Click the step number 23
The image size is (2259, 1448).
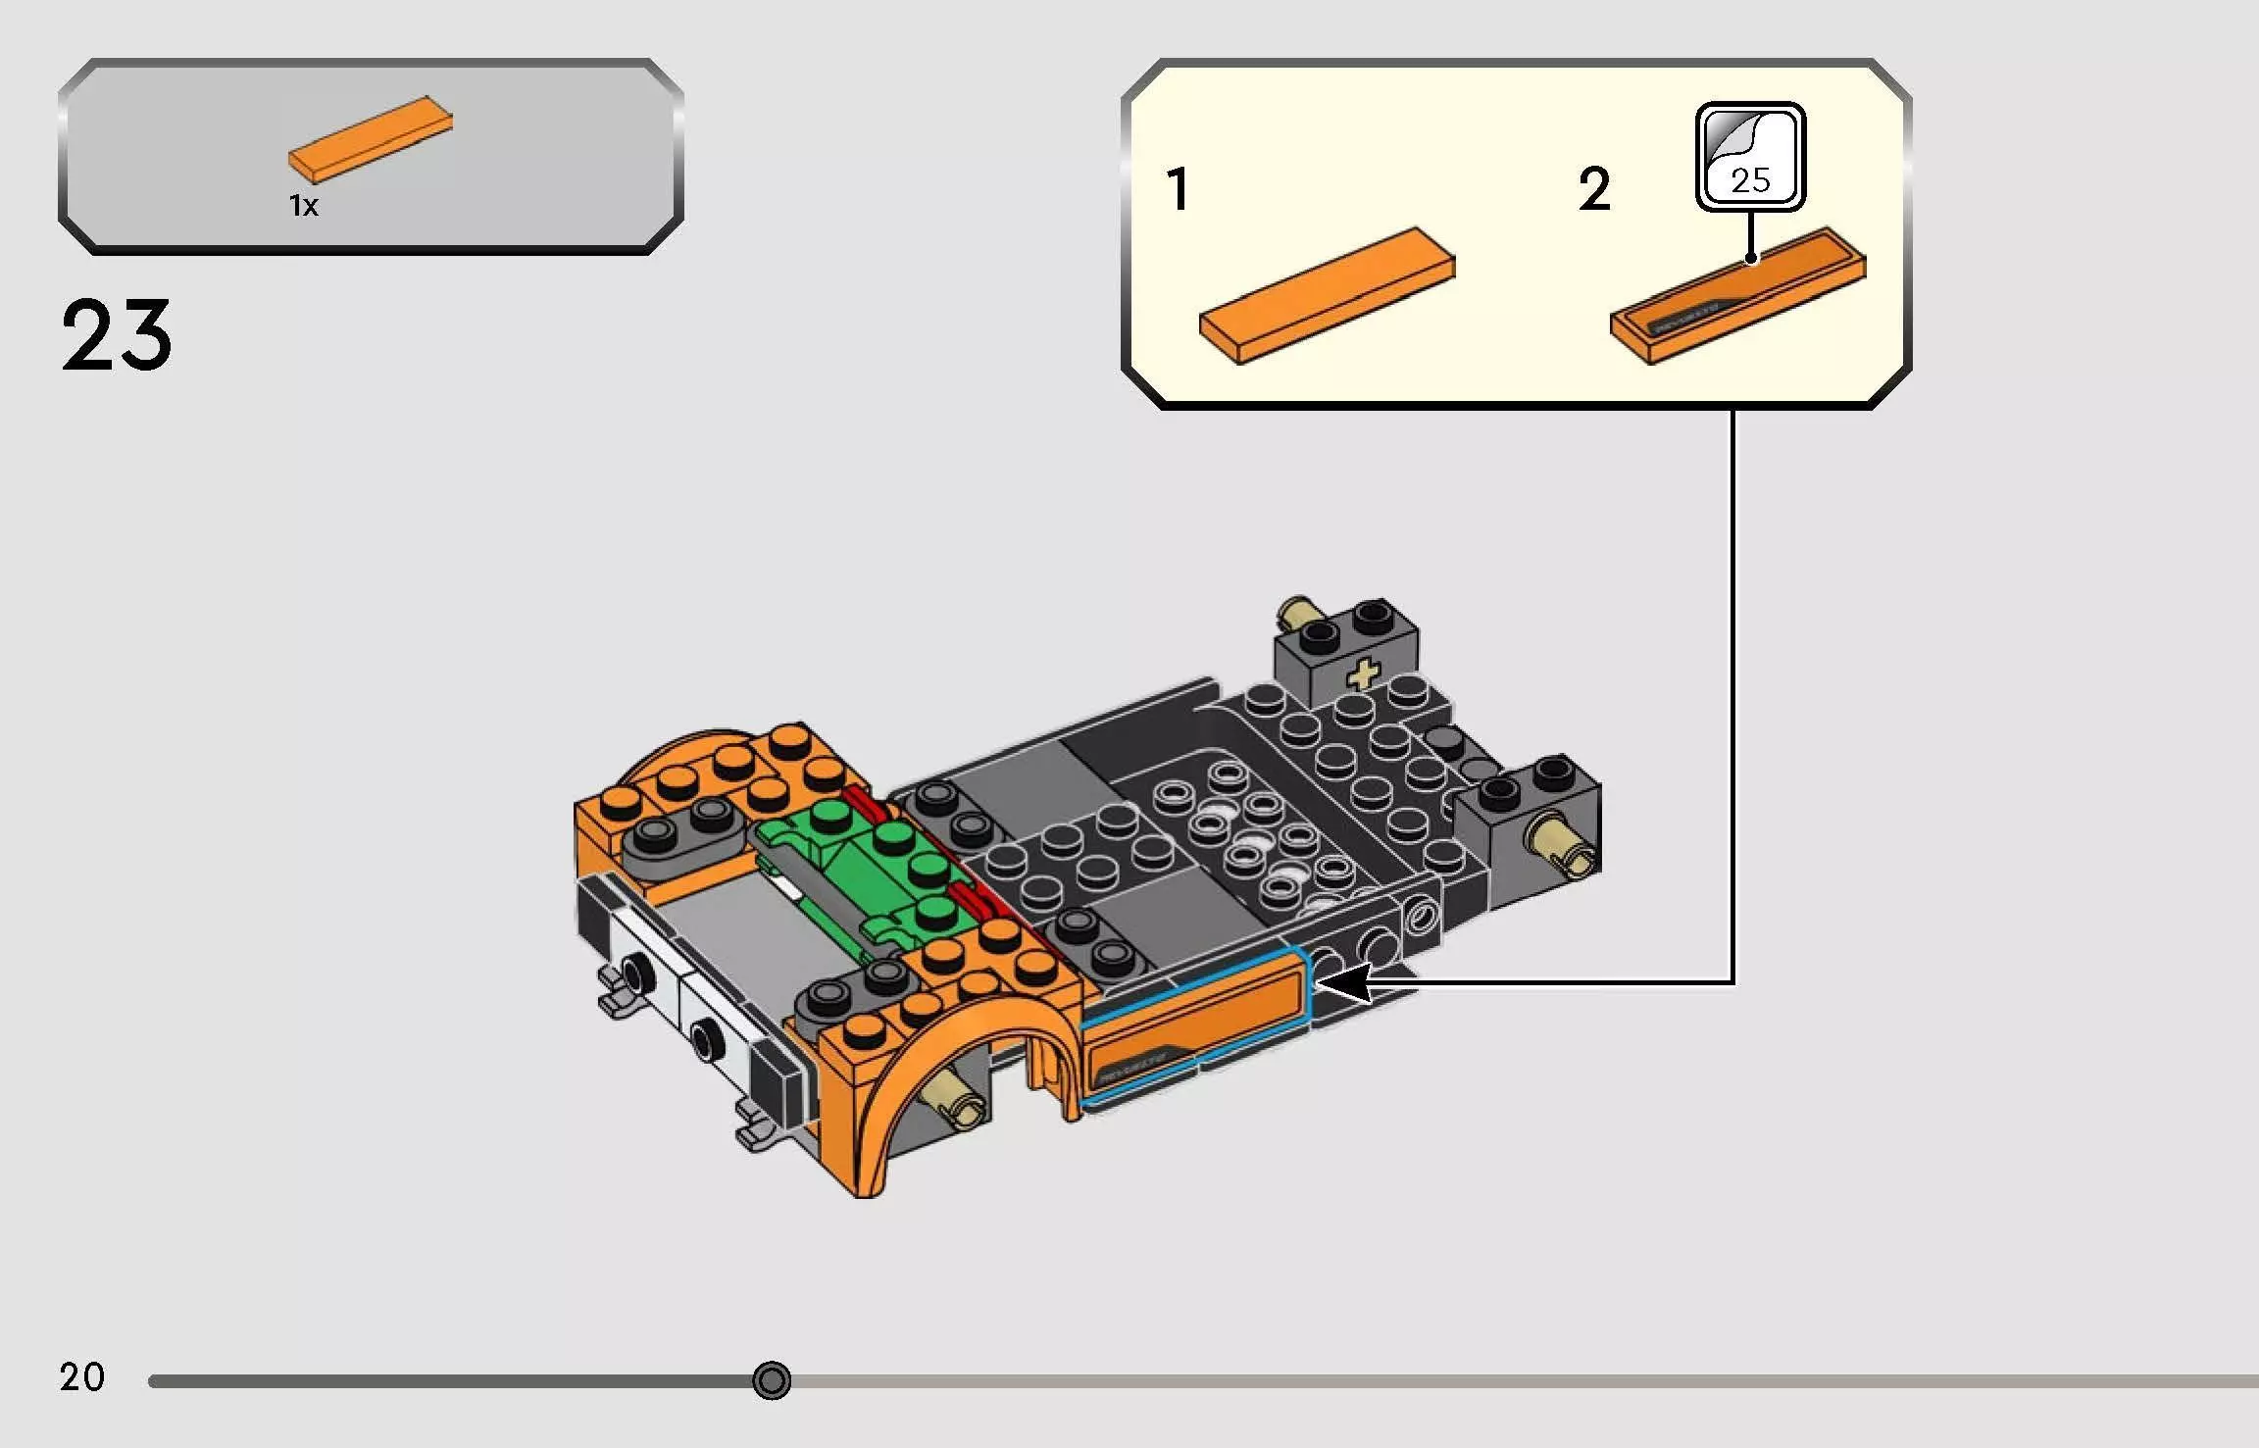(x=116, y=335)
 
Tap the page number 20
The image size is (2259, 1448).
(x=81, y=1376)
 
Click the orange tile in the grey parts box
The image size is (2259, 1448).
(x=371, y=139)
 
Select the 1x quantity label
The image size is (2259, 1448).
(x=303, y=205)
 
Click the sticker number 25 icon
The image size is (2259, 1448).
(x=1750, y=157)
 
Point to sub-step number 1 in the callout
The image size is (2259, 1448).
(x=1178, y=189)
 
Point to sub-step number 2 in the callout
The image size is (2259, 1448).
(x=1594, y=189)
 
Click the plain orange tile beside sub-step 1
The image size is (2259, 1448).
(x=1327, y=296)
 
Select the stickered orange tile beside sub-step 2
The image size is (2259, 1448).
(x=1737, y=296)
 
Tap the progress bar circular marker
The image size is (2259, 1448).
(x=772, y=1380)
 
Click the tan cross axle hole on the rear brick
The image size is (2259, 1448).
(x=1363, y=674)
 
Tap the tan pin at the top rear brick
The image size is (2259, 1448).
(x=1297, y=614)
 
